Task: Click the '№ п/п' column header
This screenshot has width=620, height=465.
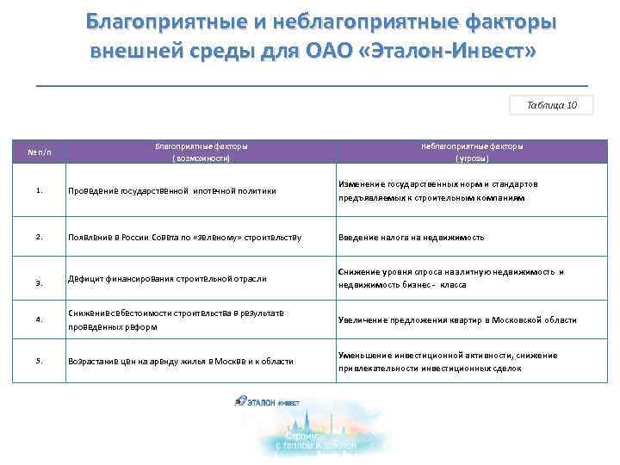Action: pos(40,152)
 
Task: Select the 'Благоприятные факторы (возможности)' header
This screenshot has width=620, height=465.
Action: pos(200,152)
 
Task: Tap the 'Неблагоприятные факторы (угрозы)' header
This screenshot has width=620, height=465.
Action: pos(472,152)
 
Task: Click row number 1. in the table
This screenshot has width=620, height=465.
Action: pos(40,191)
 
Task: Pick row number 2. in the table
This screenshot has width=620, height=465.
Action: pos(40,236)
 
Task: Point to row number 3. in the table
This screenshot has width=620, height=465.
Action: pos(40,282)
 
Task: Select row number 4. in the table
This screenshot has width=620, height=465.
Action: pos(40,319)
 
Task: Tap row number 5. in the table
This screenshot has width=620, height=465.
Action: pos(40,361)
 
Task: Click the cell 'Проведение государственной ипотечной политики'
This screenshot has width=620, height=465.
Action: pos(172,191)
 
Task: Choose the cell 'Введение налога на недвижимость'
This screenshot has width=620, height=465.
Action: pos(411,237)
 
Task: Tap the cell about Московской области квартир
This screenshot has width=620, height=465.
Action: pos(456,320)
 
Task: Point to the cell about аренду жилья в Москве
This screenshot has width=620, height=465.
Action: pos(181,362)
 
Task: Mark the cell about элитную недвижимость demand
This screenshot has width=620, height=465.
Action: pos(450,278)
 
